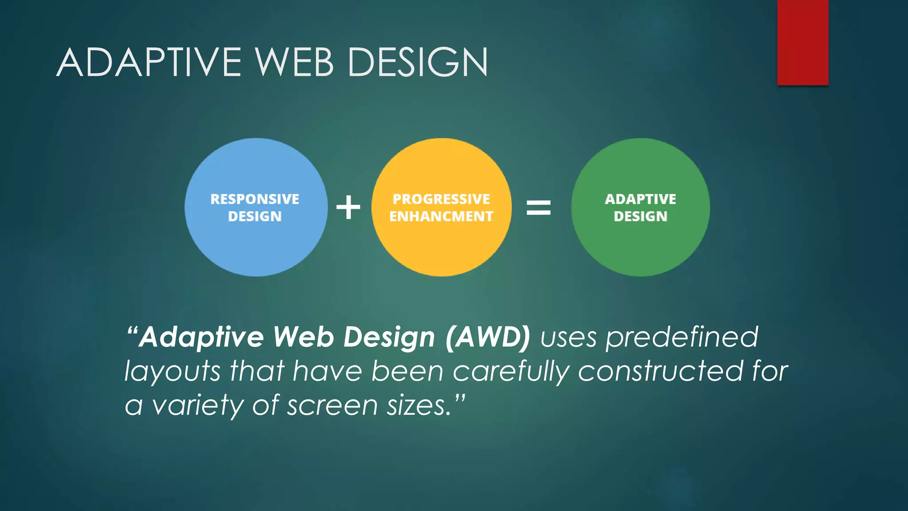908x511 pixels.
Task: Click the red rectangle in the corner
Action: click(x=802, y=42)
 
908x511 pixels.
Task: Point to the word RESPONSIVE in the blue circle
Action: click(x=255, y=199)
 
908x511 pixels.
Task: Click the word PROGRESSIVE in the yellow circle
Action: click(x=442, y=199)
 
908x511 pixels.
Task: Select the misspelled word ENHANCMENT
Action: click(x=441, y=216)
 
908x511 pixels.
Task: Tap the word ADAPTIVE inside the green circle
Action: click(x=641, y=199)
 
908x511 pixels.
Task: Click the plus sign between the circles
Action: click(x=348, y=207)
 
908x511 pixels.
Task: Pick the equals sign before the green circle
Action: click(x=538, y=207)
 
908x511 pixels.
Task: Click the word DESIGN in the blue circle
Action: click(x=255, y=216)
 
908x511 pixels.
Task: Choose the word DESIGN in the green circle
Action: click(x=641, y=216)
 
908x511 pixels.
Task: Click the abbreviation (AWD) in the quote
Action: click(x=488, y=337)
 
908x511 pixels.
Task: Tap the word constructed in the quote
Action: click(x=661, y=371)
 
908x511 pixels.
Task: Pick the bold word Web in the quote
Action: click(x=303, y=337)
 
